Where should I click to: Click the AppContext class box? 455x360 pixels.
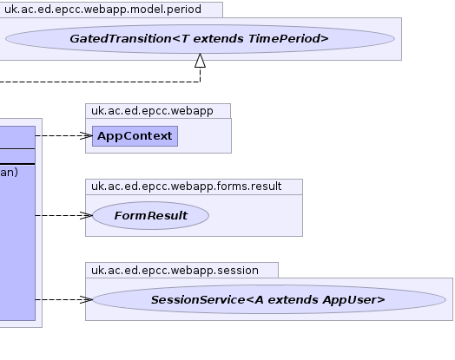click(x=135, y=136)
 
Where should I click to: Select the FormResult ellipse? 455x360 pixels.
click(x=150, y=216)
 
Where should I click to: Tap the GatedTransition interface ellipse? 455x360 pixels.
click(x=200, y=39)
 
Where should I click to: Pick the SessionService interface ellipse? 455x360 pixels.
click(x=269, y=299)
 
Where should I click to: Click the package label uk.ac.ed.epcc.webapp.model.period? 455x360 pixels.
click(x=102, y=10)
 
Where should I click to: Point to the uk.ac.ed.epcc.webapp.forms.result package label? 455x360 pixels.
click(x=187, y=187)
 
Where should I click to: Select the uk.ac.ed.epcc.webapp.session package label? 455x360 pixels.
click(x=175, y=271)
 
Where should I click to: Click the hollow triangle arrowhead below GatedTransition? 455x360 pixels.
click(x=201, y=61)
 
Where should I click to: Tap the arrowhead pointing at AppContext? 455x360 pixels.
click(x=86, y=135)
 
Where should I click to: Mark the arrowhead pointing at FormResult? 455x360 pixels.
click(x=86, y=215)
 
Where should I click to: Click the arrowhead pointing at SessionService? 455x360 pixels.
click(x=86, y=299)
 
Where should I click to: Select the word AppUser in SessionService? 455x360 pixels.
click(x=353, y=300)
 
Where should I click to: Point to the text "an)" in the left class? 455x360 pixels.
click(x=9, y=173)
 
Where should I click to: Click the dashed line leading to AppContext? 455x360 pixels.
click(x=64, y=135)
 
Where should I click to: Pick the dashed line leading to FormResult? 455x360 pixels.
click(x=64, y=215)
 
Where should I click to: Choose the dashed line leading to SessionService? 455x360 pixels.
click(x=64, y=299)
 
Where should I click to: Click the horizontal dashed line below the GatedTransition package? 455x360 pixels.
click(x=100, y=82)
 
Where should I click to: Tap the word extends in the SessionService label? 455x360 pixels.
click(x=293, y=300)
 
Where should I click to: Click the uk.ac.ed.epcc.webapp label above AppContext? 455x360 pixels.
click(x=152, y=111)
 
